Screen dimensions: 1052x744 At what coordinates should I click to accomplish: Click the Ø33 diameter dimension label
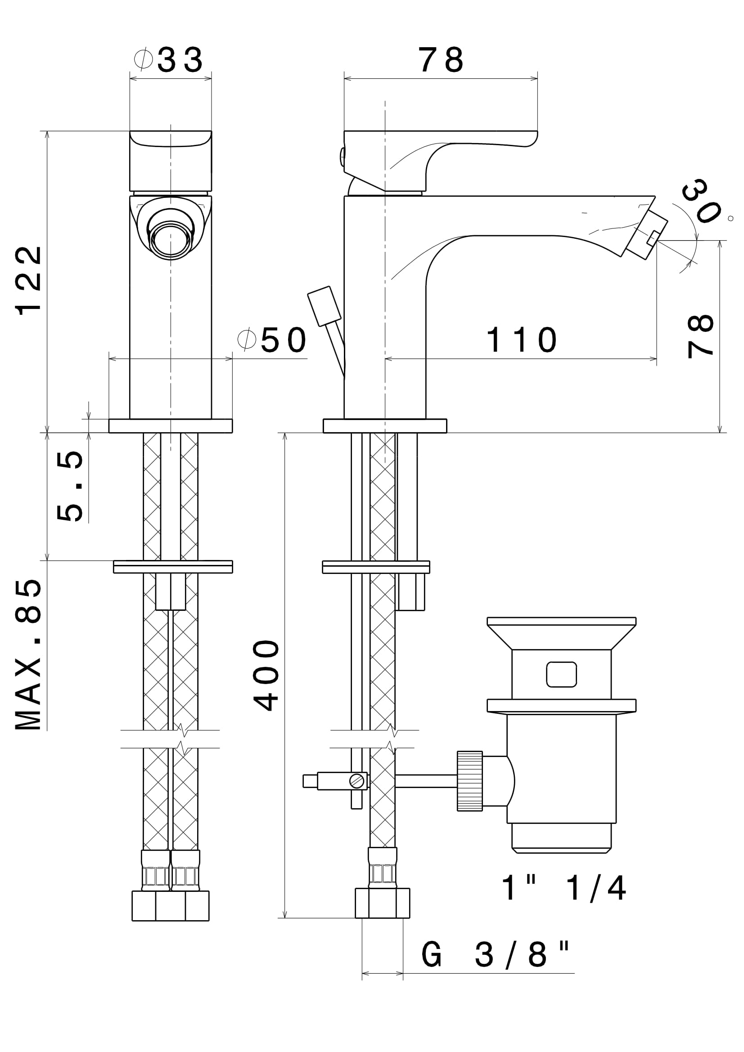[x=170, y=59]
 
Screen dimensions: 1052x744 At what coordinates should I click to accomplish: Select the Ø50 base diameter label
[x=272, y=340]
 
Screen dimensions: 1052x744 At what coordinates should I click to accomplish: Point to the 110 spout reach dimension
[x=521, y=340]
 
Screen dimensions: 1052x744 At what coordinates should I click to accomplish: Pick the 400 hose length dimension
[x=266, y=676]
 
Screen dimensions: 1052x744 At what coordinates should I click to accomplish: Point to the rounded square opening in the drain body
[x=561, y=675]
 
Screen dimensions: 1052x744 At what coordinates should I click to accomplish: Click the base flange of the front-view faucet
[x=171, y=425]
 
